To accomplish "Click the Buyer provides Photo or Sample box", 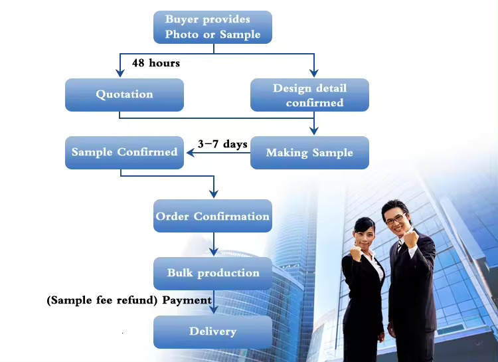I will click(212, 27).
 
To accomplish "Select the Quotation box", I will click(124, 94).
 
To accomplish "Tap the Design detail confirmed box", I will click(309, 95).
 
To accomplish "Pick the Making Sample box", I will click(309, 153).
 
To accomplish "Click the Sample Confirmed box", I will click(124, 152).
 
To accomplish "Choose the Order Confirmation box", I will click(212, 216).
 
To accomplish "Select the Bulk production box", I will click(212, 273).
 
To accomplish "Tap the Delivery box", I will click(212, 331).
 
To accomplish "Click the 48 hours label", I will click(156, 63).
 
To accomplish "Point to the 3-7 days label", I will click(222, 144).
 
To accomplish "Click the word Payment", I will click(187, 300).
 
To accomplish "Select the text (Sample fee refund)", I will click(102, 300).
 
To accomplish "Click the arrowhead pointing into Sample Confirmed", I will click(189, 153).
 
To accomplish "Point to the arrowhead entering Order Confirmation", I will click(213, 194).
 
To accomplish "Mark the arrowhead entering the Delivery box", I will click(213, 311).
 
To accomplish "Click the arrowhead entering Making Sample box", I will click(314, 131).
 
